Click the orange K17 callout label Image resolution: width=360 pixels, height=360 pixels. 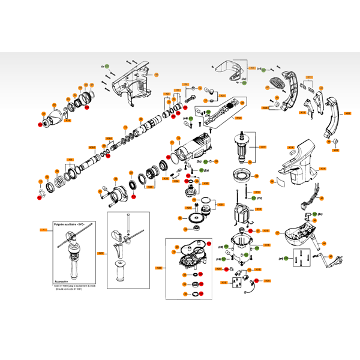coord(262,146)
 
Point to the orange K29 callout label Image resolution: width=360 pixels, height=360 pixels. coord(100,253)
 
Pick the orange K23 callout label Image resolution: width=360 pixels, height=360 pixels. coord(159,267)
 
